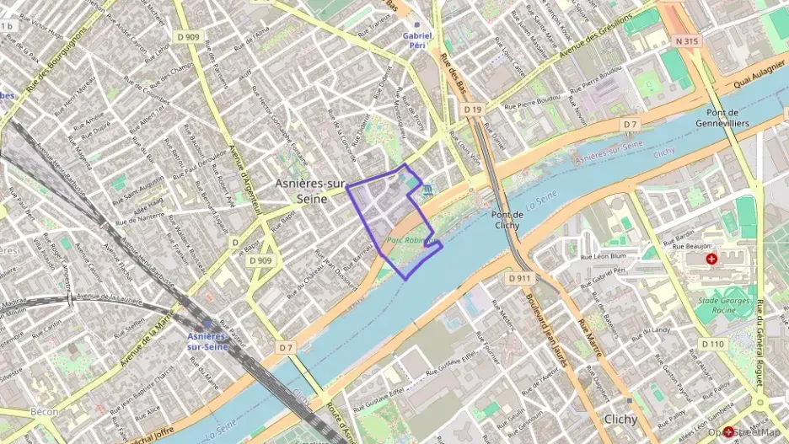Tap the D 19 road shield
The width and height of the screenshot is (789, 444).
pos(473,110)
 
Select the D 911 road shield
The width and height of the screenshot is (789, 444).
pos(519,277)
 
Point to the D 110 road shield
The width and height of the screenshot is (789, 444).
pos(712,344)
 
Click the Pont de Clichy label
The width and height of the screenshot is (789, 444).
pos(509,220)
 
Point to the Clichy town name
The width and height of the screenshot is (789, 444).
pos(625,419)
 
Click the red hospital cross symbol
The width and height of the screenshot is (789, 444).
pos(712,259)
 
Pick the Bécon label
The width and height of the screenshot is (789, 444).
pos(45,412)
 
